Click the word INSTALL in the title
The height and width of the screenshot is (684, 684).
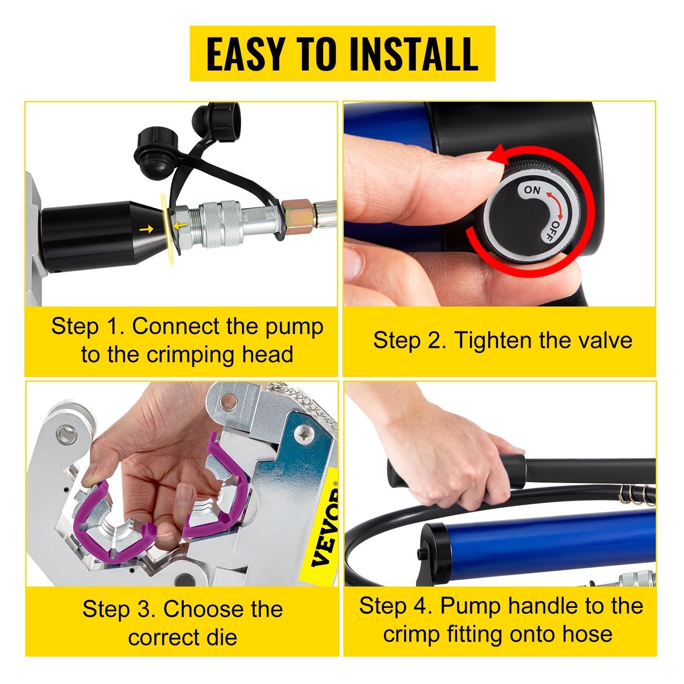tap(413, 54)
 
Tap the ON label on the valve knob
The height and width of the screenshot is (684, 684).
tap(532, 190)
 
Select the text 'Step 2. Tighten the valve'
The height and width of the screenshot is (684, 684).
tap(502, 341)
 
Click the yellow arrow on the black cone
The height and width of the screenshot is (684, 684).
tap(148, 230)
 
